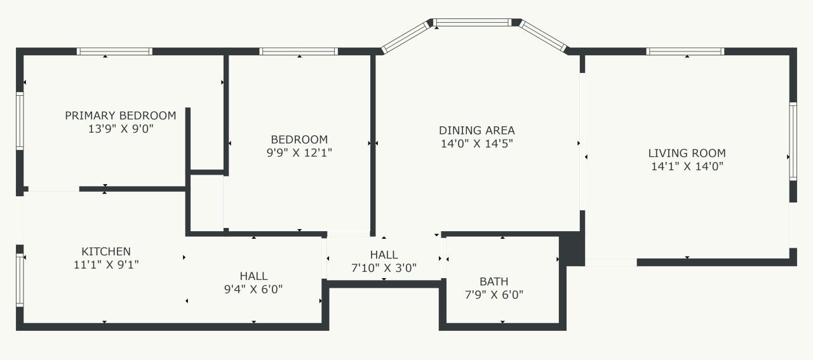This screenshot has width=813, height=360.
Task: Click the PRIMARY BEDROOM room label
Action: (121, 116)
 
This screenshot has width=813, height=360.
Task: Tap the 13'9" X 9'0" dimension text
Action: (121, 129)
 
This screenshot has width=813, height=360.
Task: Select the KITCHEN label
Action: (106, 251)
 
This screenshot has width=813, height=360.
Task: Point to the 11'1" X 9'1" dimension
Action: (106, 265)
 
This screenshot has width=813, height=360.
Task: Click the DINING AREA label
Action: (477, 130)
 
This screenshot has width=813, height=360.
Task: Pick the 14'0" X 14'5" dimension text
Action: (477, 143)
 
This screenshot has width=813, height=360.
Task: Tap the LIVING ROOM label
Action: (687, 153)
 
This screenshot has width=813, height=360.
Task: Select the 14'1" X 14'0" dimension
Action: (687, 166)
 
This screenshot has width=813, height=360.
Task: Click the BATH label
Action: (494, 282)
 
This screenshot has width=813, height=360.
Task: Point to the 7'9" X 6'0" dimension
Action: (494, 295)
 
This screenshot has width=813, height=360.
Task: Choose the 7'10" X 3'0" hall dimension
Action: (384, 268)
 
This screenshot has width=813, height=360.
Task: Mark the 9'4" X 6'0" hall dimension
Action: (253, 290)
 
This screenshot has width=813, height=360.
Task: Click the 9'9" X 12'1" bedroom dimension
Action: (299, 152)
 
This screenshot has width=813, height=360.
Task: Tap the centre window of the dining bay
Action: (472, 22)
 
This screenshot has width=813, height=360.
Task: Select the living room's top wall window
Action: (685, 51)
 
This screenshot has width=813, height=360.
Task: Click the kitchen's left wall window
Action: (20, 280)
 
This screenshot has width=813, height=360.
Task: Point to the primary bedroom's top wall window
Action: (115, 51)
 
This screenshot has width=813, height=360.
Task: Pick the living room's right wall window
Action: (793, 142)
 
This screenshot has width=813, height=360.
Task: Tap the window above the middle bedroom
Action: (299, 51)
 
